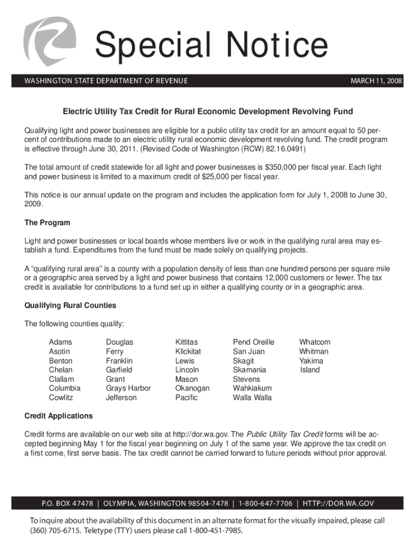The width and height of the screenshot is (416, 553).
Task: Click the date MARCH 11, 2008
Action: tap(376, 81)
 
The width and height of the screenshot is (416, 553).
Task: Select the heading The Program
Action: tap(48, 222)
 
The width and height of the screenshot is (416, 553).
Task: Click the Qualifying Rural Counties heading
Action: tap(70, 305)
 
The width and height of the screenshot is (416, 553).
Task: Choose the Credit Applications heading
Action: tap(59, 416)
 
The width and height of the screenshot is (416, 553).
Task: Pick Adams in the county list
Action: tap(60, 342)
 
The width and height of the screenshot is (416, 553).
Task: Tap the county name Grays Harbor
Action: tap(128, 388)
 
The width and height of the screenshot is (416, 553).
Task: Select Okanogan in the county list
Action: tap(192, 388)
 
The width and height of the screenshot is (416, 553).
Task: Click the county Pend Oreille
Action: tap(253, 342)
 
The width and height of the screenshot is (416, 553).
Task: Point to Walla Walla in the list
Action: tap(252, 398)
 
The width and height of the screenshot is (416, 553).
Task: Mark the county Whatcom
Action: tap(314, 342)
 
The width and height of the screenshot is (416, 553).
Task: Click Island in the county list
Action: tap(310, 370)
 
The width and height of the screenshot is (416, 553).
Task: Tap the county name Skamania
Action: tap(249, 370)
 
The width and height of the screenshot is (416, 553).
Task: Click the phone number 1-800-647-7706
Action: tap(265, 503)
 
